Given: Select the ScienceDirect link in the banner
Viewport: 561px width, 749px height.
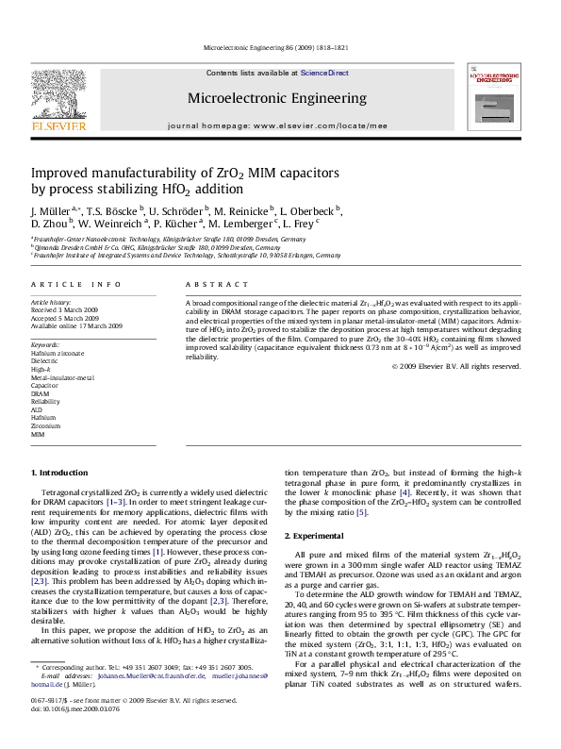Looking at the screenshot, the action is (x=324, y=73).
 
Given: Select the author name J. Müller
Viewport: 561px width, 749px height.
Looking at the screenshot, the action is (x=54, y=210).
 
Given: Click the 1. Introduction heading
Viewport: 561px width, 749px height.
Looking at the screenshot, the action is (x=59, y=472).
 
